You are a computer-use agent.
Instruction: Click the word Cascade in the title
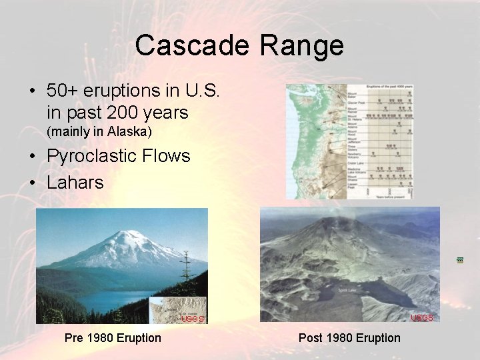[193, 45]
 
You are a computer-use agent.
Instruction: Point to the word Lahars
[75, 182]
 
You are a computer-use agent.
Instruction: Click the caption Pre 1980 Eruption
[113, 338]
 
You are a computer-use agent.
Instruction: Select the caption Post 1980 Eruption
[349, 338]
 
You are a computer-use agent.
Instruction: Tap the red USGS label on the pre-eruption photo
[193, 319]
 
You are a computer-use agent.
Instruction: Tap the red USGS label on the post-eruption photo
[421, 317]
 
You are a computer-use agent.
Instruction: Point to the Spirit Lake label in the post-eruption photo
[346, 290]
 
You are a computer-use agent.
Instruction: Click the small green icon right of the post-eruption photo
[460, 259]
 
